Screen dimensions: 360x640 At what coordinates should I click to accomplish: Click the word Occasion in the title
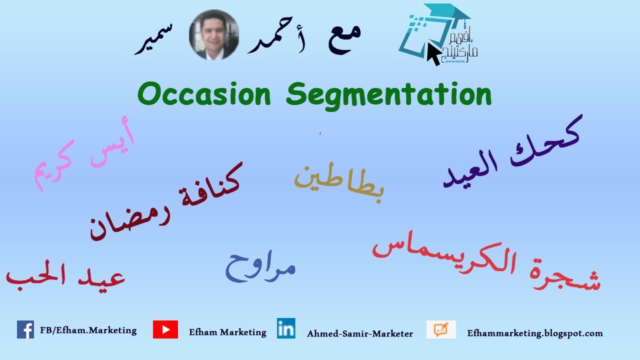point(204,94)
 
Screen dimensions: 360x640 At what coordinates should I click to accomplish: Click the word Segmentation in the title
point(389,95)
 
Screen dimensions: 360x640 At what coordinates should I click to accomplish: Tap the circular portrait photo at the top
point(214,35)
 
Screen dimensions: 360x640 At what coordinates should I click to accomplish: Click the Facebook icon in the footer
point(25,329)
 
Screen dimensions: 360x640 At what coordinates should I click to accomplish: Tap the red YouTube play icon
point(165,330)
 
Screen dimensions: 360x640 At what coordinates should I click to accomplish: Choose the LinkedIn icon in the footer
point(286,328)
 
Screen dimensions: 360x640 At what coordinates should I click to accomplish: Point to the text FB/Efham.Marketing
point(88,330)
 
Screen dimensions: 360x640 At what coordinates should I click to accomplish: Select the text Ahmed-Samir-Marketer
point(360,333)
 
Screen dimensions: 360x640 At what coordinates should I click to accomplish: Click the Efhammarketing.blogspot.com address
point(535,333)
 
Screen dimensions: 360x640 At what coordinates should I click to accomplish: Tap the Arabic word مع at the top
point(344,36)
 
